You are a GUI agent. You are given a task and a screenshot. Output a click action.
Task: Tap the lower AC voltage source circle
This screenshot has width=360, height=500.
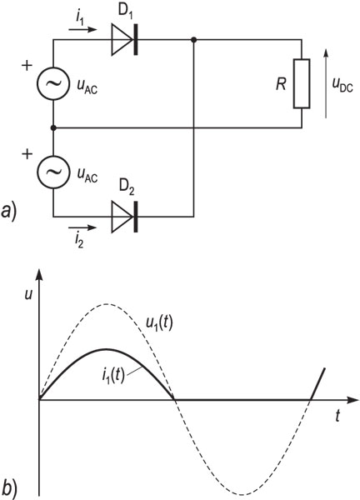[x=53, y=172]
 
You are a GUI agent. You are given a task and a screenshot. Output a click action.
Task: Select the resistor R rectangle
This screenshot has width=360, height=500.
[x=302, y=83]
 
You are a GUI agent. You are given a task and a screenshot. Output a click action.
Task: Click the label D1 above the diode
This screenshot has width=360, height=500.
[x=125, y=12]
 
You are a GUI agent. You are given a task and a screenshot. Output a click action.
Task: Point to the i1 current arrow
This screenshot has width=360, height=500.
[x=82, y=30]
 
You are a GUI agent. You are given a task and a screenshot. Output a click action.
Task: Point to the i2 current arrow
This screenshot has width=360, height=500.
[x=82, y=227]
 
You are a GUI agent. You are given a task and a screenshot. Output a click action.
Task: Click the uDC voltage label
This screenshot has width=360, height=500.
[x=342, y=86]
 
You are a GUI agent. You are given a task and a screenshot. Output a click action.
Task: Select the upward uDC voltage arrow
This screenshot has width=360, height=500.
[x=326, y=83]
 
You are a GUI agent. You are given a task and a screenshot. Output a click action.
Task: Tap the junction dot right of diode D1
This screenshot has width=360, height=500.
[x=193, y=39]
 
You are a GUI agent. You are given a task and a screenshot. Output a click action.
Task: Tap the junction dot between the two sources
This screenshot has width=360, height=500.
[x=53, y=127]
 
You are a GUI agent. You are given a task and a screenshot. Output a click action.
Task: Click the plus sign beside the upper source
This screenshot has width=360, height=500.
[x=27, y=66]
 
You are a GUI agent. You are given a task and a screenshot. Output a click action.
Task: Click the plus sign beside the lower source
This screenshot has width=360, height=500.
[x=27, y=154]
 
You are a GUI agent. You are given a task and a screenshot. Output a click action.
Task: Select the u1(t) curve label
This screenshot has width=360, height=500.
[x=159, y=324]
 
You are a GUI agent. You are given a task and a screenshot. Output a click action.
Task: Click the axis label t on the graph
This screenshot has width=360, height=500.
[x=337, y=416]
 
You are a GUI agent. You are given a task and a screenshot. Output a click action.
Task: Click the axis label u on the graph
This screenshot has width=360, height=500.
[x=28, y=295]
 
